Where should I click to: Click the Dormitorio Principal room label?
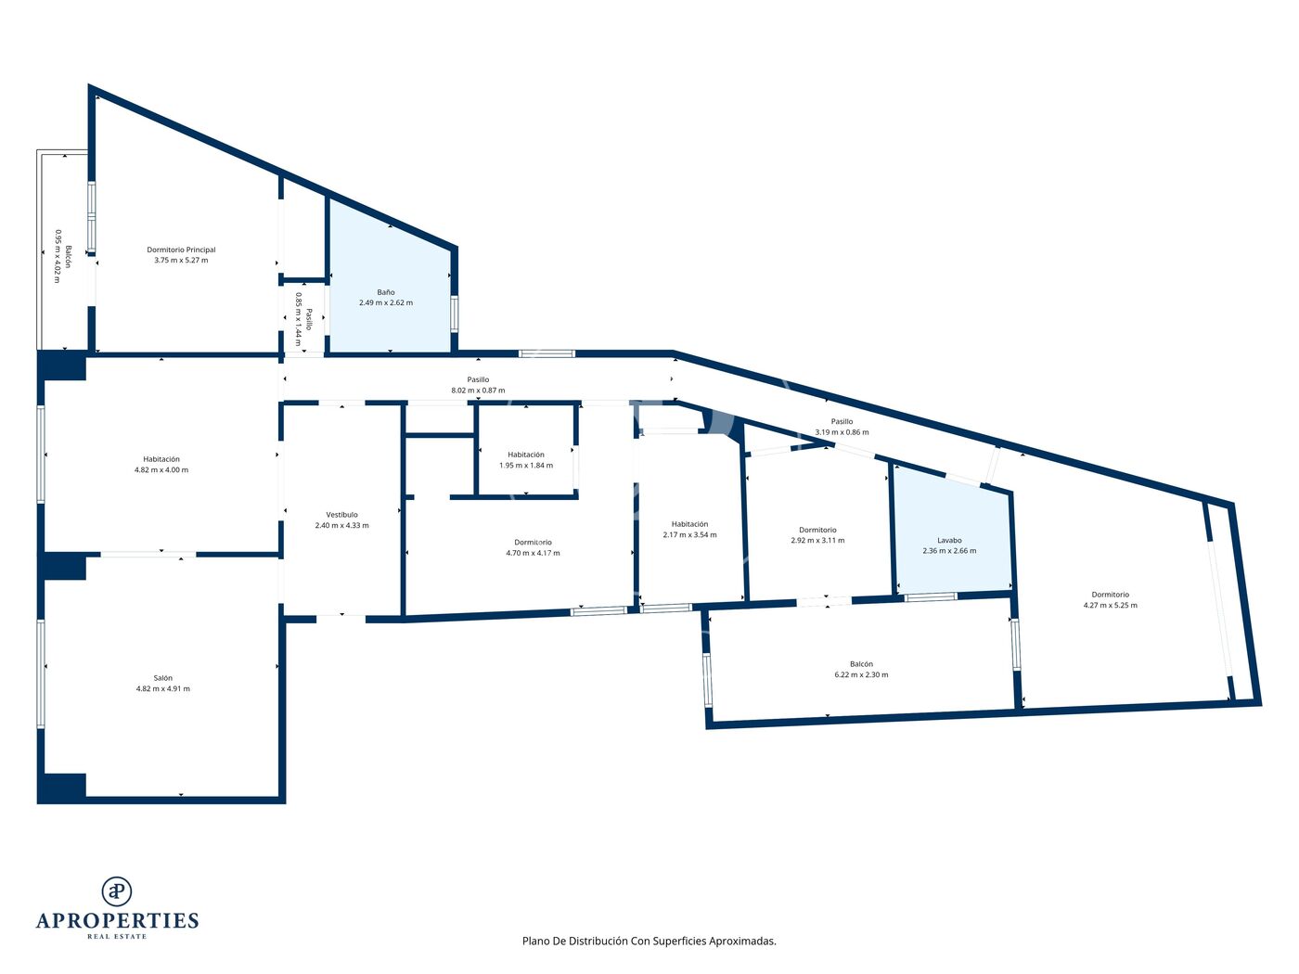click(x=181, y=250)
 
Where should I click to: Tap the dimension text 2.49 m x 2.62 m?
click(x=386, y=302)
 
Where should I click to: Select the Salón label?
click(x=162, y=678)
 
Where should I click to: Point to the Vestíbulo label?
click(x=341, y=515)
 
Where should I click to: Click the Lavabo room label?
click(x=949, y=541)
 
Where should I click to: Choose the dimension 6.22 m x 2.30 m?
click(x=861, y=674)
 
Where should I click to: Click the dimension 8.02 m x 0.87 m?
click(x=478, y=391)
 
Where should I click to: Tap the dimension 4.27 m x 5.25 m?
click(x=1111, y=606)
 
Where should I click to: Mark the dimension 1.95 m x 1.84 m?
click(x=526, y=466)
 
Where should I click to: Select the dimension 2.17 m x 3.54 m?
click(x=689, y=535)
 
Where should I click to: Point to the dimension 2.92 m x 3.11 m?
click(x=817, y=541)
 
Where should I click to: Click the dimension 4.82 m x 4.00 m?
click(x=161, y=470)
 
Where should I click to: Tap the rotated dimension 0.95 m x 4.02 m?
click(x=58, y=256)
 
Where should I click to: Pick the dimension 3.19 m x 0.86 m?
click(x=842, y=432)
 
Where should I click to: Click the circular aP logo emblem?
click(x=117, y=891)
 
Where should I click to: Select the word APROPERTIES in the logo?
click(x=117, y=921)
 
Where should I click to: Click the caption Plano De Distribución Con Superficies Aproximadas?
click(x=649, y=941)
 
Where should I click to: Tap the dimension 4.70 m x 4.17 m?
click(x=533, y=554)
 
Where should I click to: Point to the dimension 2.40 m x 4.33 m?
click(x=341, y=526)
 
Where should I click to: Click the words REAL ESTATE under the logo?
click(x=117, y=937)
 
